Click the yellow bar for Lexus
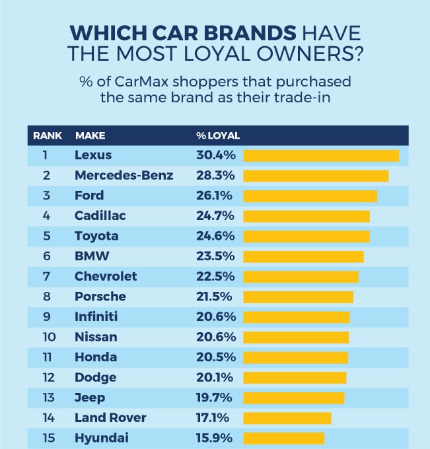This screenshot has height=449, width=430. coord(321,156)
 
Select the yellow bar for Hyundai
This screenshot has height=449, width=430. coord(284,438)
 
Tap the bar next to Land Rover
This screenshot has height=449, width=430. coord(287,418)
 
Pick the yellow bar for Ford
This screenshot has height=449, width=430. coord(310,196)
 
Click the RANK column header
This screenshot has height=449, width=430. coord(48,136)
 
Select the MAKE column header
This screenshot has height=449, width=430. coord(90,136)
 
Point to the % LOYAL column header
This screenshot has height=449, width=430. coord(218,136)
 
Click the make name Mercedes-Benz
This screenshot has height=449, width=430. coord(124,176)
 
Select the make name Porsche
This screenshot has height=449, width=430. coord(100,296)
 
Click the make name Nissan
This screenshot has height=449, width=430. coord(96,337)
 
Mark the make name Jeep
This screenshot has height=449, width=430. coord(90,397)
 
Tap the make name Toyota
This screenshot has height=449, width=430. coord(97,236)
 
